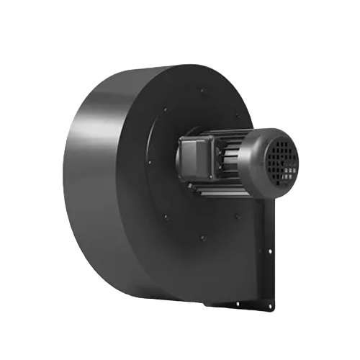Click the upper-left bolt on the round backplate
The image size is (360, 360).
pyautogui.click(x=166, y=110)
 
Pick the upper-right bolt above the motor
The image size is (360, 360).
pyautogui.click(x=238, y=115)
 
